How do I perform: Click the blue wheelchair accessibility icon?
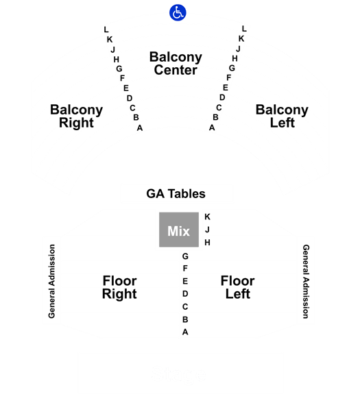pyautogui.click(x=178, y=12)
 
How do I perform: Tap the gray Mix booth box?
pyautogui.click(x=179, y=230)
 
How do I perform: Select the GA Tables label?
pyautogui.click(x=176, y=194)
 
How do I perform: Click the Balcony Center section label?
pyautogui.click(x=176, y=64)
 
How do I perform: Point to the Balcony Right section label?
pyautogui.click(x=77, y=116)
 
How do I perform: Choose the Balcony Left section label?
pyautogui.click(x=282, y=116)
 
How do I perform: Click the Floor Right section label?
pyautogui.click(x=119, y=287)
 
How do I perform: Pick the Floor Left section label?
pyautogui.click(x=237, y=287)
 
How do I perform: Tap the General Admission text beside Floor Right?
pyautogui.click(x=51, y=281)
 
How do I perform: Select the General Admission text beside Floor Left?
pyautogui.click(x=306, y=282)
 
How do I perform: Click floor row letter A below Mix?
pyautogui.click(x=185, y=332)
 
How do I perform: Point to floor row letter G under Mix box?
pyautogui.click(x=185, y=256)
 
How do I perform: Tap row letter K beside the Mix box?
pyautogui.click(x=207, y=217)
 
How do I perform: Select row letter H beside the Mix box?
pyautogui.click(x=207, y=243)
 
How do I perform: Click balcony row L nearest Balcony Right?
pyautogui.click(x=106, y=29)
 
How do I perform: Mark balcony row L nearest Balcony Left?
pyautogui.click(x=244, y=29)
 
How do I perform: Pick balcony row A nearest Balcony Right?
pyautogui.click(x=140, y=127)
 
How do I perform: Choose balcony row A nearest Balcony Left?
pyautogui.click(x=212, y=127)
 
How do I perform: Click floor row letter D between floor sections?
pyautogui.click(x=185, y=294)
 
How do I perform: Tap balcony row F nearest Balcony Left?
pyautogui.click(x=229, y=77)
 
